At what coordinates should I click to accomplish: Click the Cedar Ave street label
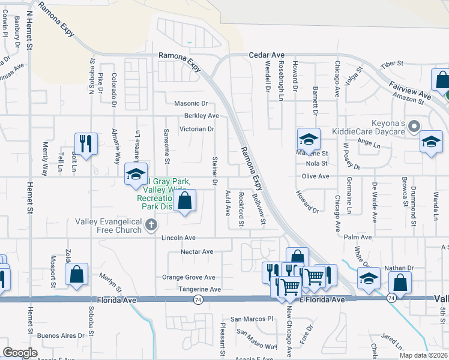[267, 55]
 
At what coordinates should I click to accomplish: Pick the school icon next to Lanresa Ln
[136, 175]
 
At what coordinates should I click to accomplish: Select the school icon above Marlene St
[309, 139]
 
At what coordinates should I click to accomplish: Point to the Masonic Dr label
[191, 104]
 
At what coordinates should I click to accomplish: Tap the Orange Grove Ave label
[188, 277]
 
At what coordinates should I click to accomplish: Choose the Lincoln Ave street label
[178, 238]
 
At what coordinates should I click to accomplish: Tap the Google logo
[20, 353]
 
